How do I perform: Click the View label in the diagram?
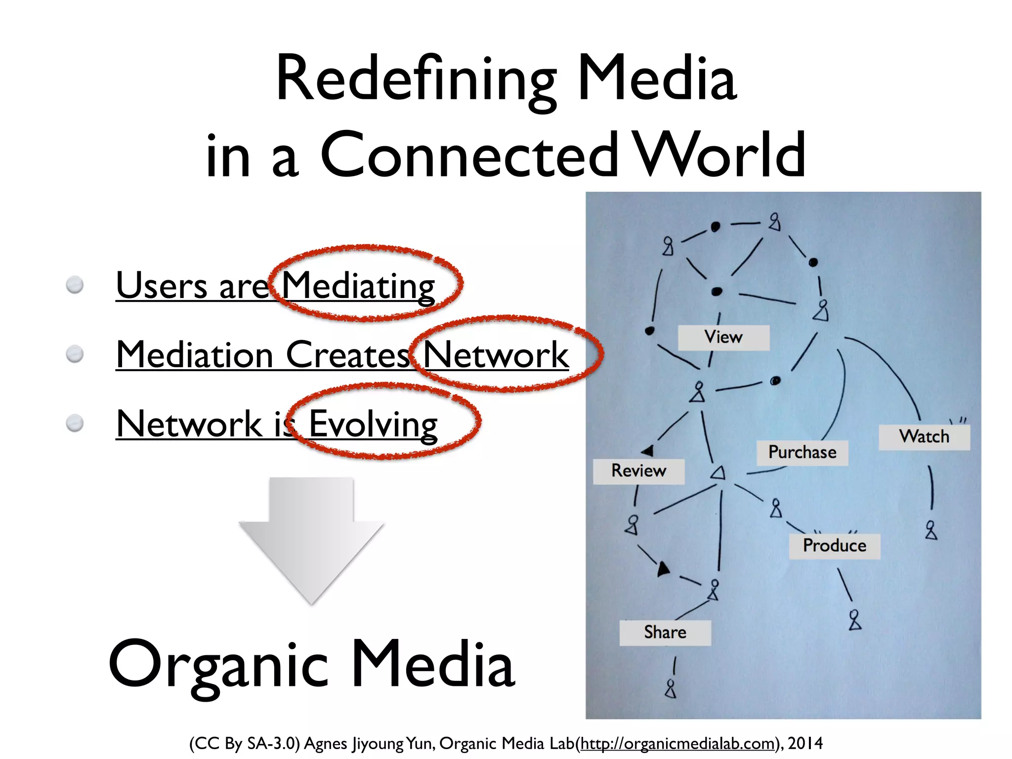coord(723,337)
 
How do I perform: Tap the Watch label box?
coord(924,437)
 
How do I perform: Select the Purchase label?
coord(802,453)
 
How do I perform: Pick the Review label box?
coord(638,471)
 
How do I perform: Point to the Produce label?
coord(835,546)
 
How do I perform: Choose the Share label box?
coord(665,632)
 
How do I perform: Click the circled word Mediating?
coord(358,286)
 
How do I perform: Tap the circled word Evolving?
coord(373,424)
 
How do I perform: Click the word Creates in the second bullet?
coord(348,355)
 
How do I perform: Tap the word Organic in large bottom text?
coord(218,665)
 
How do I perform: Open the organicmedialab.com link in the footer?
coord(676,743)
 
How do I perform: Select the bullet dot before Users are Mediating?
coord(75,285)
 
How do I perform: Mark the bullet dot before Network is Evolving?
coord(75,423)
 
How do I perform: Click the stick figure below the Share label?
coord(671,689)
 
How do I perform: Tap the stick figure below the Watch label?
coord(931,530)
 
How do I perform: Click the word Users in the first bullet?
coord(161,286)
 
